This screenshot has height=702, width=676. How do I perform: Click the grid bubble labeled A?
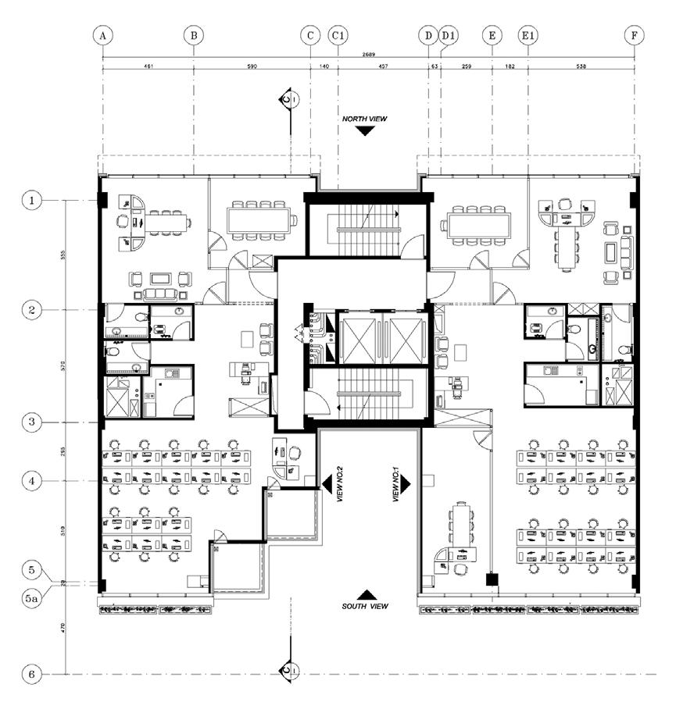102,35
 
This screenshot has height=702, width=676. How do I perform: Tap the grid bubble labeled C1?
338,35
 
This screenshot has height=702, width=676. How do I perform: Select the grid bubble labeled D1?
448,35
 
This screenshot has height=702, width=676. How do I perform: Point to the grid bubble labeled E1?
528,35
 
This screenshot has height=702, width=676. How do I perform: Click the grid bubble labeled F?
635,35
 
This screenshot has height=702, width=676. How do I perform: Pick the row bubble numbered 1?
32,201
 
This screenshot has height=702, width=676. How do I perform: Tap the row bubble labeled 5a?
32,600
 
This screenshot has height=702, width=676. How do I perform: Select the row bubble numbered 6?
32,674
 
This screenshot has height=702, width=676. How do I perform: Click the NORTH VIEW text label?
364,119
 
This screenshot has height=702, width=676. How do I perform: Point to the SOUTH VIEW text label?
364,606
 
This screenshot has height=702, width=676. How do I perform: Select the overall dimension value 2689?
368,55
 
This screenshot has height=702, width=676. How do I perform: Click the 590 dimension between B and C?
252,67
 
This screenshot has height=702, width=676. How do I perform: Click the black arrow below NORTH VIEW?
364,130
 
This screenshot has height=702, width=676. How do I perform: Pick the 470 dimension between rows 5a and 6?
62,629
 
